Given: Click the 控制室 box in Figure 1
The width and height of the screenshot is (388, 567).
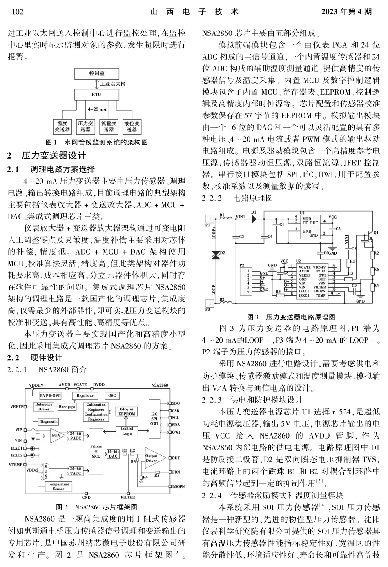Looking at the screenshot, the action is (96, 74).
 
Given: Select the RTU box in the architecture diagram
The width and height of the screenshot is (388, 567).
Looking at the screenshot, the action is (96, 94).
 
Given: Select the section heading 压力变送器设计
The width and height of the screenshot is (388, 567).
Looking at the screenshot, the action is (53, 155).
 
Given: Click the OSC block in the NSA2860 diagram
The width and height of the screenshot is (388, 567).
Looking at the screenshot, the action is (111, 396).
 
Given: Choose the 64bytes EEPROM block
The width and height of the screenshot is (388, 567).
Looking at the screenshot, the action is (127, 411).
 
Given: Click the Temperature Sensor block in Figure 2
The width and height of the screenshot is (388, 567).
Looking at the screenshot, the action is (58, 486).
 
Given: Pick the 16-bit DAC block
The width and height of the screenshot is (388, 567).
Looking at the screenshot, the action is (113, 454).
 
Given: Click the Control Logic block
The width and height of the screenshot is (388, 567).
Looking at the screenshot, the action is (127, 431).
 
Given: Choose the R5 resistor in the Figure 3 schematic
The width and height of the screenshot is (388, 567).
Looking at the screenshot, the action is (278, 292).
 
